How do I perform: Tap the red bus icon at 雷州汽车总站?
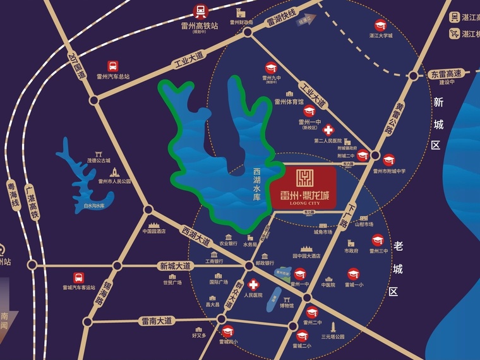coord(112,66)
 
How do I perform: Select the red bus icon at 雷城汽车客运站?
coord(78,277)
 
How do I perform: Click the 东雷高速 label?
coord(447,74)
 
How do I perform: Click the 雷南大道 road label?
coord(157,321)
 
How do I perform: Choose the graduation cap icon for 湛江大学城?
coord(380,26)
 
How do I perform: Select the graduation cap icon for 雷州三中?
coord(378,240)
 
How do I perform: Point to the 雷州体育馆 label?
coord(289,101)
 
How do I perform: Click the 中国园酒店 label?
coord(153,231)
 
